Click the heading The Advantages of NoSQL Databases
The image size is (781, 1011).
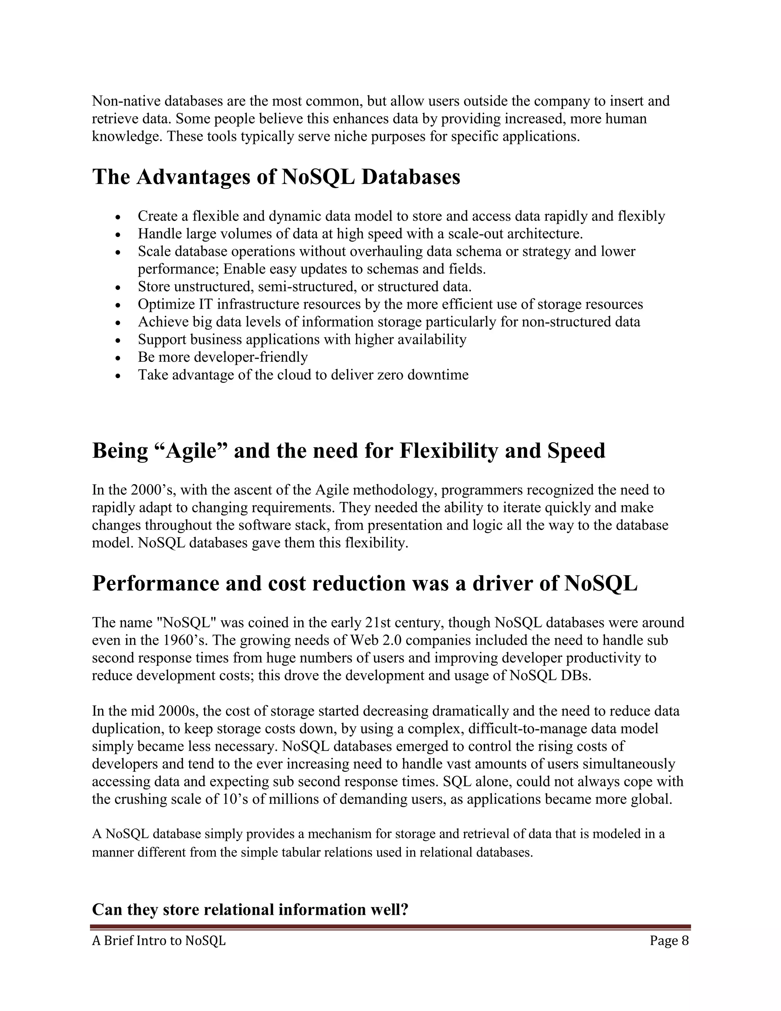pos(276,177)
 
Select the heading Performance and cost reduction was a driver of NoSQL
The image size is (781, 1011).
pos(365,583)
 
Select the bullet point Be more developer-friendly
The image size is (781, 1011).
pos(223,357)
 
